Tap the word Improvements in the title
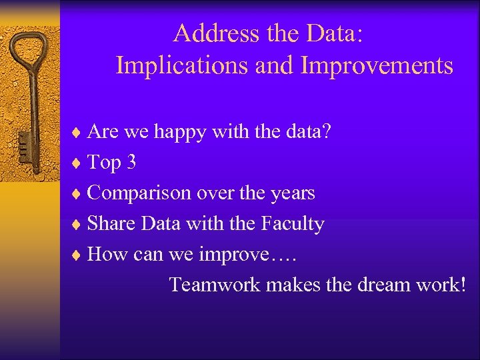tap(377, 65)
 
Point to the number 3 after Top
tap(131, 163)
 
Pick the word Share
tap(111, 223)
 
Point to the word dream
tap(385, 285)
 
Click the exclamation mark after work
tap(461, 285)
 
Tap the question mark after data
tap(325, 133)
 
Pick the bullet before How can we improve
tap(79, 255)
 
